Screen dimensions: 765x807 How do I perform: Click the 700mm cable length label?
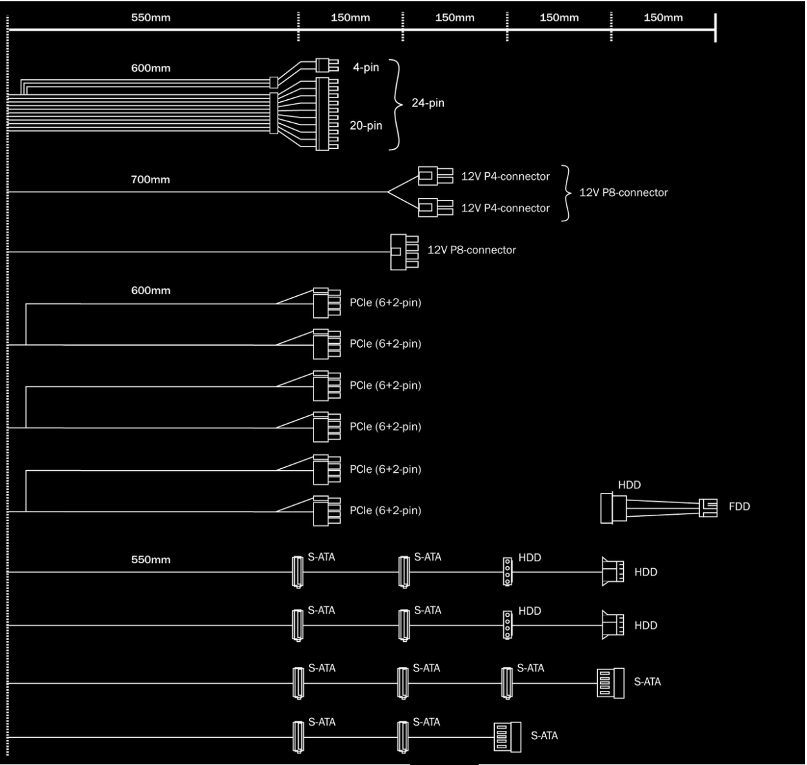(x=150, y=179)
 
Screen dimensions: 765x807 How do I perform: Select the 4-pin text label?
(x=366, y=67)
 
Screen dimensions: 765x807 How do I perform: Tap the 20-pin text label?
(x=366, y=126)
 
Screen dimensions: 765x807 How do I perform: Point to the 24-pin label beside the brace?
(x=428, y=103)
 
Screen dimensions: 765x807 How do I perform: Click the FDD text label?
(x=739, y=507)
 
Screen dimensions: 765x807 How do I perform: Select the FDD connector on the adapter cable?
(x=708, y=508)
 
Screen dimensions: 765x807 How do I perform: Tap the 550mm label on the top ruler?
(x=150, y=17)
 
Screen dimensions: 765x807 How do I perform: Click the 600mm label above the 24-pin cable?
(x=150, y=68)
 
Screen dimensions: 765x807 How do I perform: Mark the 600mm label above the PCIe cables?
(x=150, y=290)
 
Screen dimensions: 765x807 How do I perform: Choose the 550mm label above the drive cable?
(x=150, y=559)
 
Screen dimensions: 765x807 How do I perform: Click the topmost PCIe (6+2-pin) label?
(x=385, y=303)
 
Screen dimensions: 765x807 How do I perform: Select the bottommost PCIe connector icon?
(x=326, y=511)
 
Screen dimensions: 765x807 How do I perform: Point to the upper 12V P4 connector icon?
(x=435, y=175)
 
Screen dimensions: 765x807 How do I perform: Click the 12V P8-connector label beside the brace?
(x=623, y=192)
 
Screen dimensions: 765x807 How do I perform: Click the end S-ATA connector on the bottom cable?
(x=507, y=737)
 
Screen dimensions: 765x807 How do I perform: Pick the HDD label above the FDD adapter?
(x=629, y=485)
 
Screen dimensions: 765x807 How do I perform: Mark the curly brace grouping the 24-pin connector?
(x=395, y=104)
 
